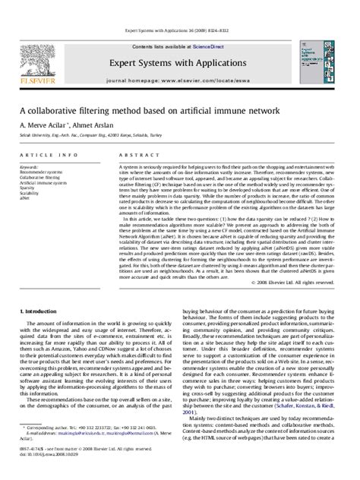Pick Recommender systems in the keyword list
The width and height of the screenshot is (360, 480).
pos(43,172)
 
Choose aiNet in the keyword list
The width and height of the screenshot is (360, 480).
pos(26,200)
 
